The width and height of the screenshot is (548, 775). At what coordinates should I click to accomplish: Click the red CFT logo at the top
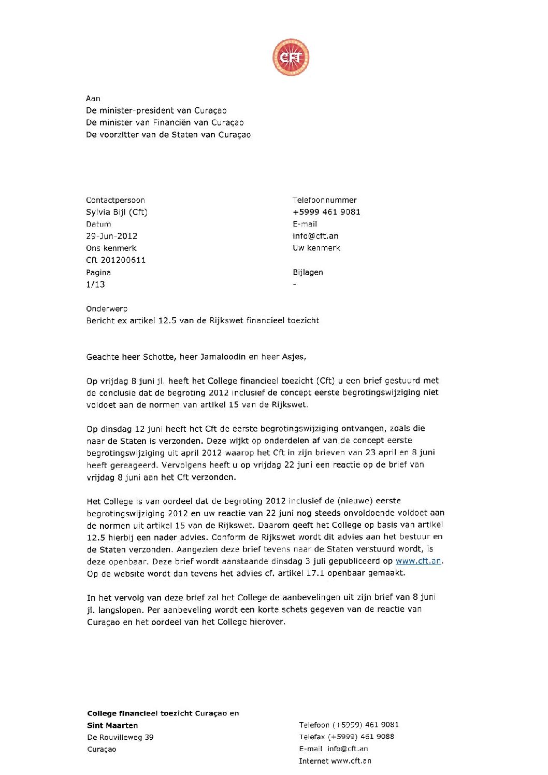point(291,57)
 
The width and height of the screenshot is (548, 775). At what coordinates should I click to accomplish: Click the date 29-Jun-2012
point(111,236)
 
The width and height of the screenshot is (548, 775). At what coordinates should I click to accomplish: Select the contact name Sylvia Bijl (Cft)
point(117,212)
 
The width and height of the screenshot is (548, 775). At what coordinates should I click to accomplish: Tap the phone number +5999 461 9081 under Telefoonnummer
point(326,212)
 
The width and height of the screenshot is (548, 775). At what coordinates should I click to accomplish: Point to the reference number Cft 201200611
point(116,260)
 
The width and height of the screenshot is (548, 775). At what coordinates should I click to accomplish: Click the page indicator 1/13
point(95,285)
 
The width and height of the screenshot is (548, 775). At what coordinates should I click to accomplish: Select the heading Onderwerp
point(107,309)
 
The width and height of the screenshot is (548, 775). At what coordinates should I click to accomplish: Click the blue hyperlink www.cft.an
point(419,561)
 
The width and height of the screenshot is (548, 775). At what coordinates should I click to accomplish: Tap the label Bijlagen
point(308,272)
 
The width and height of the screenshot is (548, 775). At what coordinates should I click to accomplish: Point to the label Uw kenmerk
point(316,248)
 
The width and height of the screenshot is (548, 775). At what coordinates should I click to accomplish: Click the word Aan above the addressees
point(93,98)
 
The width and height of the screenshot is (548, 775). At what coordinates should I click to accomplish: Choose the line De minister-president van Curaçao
point(156,110)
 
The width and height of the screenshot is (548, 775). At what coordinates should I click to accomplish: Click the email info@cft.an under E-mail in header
point(315,236)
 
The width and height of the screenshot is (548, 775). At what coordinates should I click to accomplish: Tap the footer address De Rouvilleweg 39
point(120,737)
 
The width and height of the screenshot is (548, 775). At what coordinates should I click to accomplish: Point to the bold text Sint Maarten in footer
point(112,725)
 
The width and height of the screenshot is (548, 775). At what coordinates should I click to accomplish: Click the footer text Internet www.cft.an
point(335,761)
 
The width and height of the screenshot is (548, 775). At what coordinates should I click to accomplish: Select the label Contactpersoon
point(116,200)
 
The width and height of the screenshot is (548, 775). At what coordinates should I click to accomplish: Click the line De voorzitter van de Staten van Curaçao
point(168,135)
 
